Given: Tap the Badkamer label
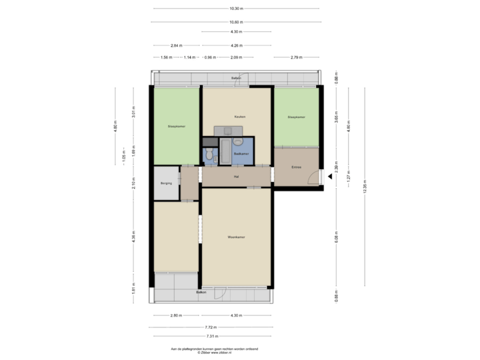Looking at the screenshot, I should (241, 154).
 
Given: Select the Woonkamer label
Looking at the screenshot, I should (236, 237).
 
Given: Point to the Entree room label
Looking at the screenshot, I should (297, 167).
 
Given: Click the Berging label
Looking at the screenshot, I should (167, 183).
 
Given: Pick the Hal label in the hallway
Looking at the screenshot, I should (236, 177).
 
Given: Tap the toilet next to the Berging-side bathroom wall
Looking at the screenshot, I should (209, 156).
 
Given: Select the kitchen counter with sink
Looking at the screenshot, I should (230, 131).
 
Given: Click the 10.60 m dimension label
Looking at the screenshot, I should (235, 21).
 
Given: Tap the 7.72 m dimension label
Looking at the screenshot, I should (211, 327).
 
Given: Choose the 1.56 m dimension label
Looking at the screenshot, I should (166, 57).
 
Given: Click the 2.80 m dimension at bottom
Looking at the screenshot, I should (177, 315).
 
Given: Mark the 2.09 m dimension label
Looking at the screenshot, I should (235, 57).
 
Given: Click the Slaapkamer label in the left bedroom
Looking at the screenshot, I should (176, 126).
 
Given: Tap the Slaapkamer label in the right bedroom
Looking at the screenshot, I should (296, 117).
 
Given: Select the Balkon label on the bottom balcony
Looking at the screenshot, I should (200, 292).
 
